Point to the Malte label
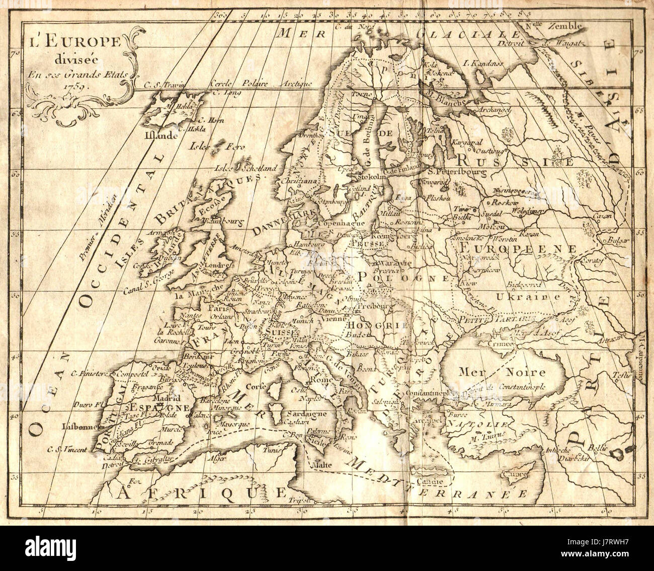pos(321,465)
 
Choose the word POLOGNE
pos(402,276)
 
